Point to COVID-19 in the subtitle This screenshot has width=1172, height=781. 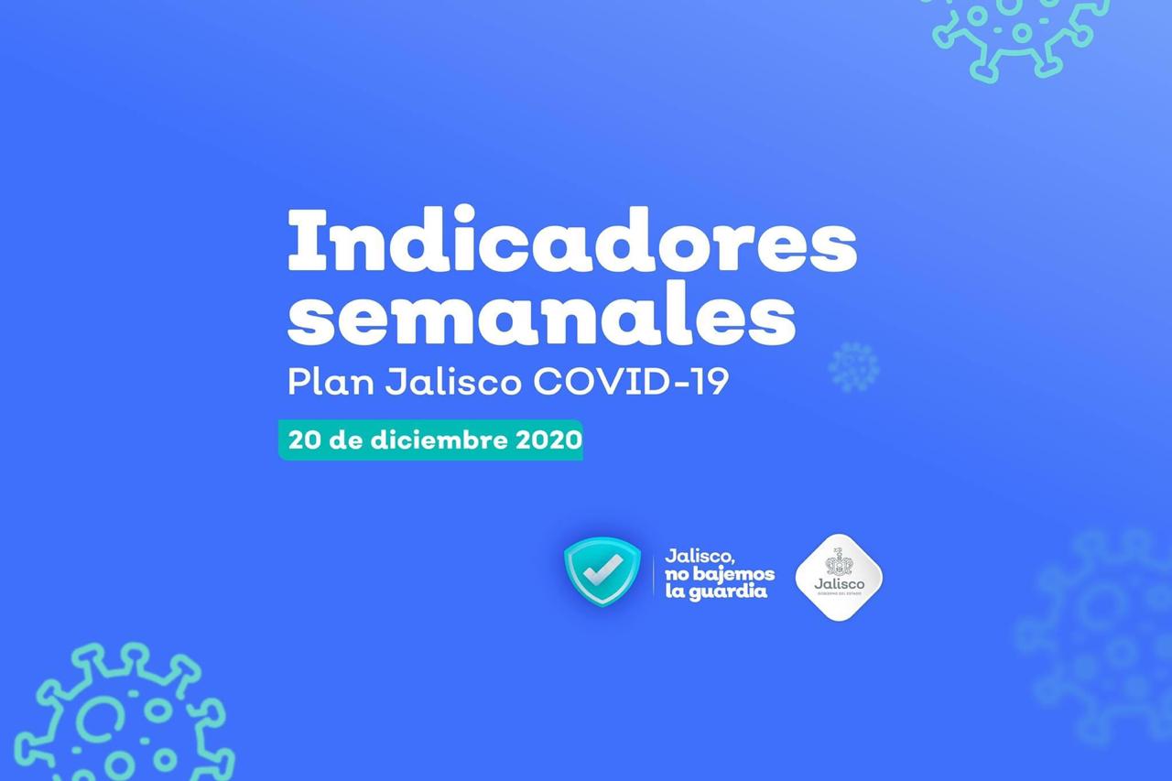[631, 380]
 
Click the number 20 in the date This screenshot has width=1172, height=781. [304, 439]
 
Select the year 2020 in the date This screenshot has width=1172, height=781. [548, 439]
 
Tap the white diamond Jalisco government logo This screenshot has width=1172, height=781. [839, 577]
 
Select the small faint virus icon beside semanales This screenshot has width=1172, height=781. [853, 367]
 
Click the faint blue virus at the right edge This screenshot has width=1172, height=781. [1099, 632]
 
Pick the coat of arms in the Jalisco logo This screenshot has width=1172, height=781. [839, 565]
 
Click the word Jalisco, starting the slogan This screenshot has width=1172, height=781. [701, 556]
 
